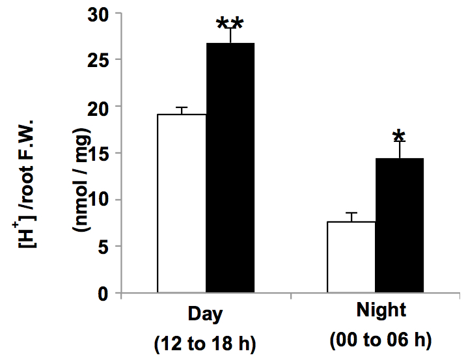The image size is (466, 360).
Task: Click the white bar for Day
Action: tap(182, 203)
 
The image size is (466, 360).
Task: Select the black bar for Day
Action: tap(230, 168)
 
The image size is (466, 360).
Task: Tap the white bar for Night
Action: tap(351, 257)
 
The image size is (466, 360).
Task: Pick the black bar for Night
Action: tap(400, 225)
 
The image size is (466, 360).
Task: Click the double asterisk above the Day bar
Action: tap(230, 23)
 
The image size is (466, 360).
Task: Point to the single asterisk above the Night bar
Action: tap(399, 136)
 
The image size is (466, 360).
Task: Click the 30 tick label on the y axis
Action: tap(98, 15)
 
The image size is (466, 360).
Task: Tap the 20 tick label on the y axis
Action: tap(98, 109)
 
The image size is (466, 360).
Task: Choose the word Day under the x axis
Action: tap(206, 314)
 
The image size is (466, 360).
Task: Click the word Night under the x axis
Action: tap(381, 310)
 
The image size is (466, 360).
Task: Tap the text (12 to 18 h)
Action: tap(205, 344)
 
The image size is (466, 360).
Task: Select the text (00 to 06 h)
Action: tap(381, 339)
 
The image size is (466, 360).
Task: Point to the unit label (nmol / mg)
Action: tap(81, 180)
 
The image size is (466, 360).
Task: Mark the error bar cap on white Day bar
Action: tap(182, 107)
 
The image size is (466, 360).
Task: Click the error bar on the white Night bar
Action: tap(351, 217)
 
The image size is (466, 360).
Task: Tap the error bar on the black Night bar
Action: tap(400, 150)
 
